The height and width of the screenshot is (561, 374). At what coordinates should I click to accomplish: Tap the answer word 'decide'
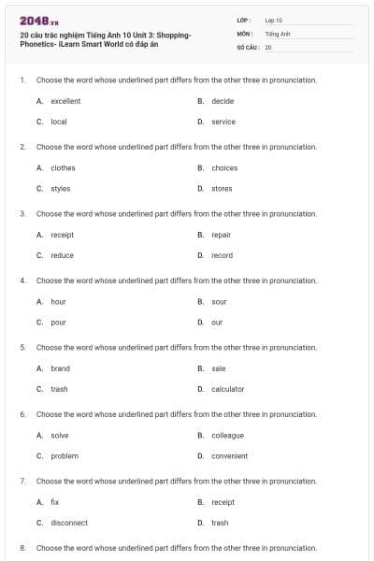(x=223, y=101)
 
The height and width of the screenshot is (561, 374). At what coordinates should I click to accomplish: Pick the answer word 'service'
(x=223, y=122)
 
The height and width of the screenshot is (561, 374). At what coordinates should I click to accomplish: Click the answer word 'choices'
(x=224, y=168)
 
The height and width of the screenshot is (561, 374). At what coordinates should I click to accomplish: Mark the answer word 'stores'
(x=222, y=189)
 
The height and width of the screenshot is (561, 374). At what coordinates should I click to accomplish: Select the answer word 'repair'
(x=221, y=235)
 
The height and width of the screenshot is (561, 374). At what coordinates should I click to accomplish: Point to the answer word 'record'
(x=222, y=255)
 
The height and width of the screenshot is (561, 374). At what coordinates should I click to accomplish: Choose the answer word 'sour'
(x=219, y=302)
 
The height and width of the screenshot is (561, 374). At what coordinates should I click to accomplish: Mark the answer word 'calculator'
(x=227, y=389)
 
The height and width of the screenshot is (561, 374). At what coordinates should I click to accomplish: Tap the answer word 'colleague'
(x=227, y=436)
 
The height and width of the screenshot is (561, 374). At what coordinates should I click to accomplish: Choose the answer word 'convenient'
(x=229, y=456)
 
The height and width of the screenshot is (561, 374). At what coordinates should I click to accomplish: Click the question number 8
(x=22, y=548)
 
